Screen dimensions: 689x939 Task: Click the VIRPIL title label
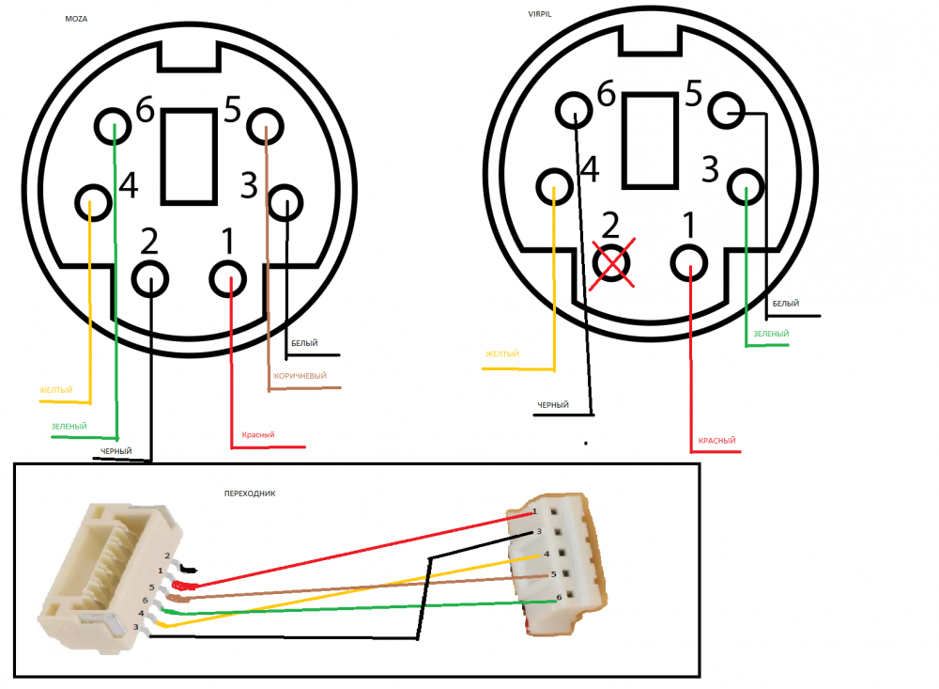[x=544, y=14]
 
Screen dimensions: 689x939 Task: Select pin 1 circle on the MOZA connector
[x=230, y=279]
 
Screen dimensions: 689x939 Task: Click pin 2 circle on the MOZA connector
[x=150, y=278]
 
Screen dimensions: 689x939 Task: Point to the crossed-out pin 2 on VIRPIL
[x=611, y=263]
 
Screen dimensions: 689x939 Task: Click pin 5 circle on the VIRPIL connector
[x=727, y=112]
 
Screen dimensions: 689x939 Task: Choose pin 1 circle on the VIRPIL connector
[x=690, y=263]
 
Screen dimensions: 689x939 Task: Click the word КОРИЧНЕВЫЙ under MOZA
[x=300, y=377]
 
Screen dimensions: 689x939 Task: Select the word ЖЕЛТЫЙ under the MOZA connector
[x=56, y=390]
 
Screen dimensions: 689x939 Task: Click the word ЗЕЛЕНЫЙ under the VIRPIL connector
[x=771, y=334]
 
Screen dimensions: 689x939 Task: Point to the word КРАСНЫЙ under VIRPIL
[x=717, y=441]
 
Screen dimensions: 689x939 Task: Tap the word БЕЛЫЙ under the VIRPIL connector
[x=786, y=304]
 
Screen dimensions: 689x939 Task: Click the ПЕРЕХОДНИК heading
[x=249, y=493]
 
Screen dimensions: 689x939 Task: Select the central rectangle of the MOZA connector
[x=191, y=155]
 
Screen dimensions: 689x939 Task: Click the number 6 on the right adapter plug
[x=559, y=597]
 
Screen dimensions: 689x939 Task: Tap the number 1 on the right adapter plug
[x=534, y=511]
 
